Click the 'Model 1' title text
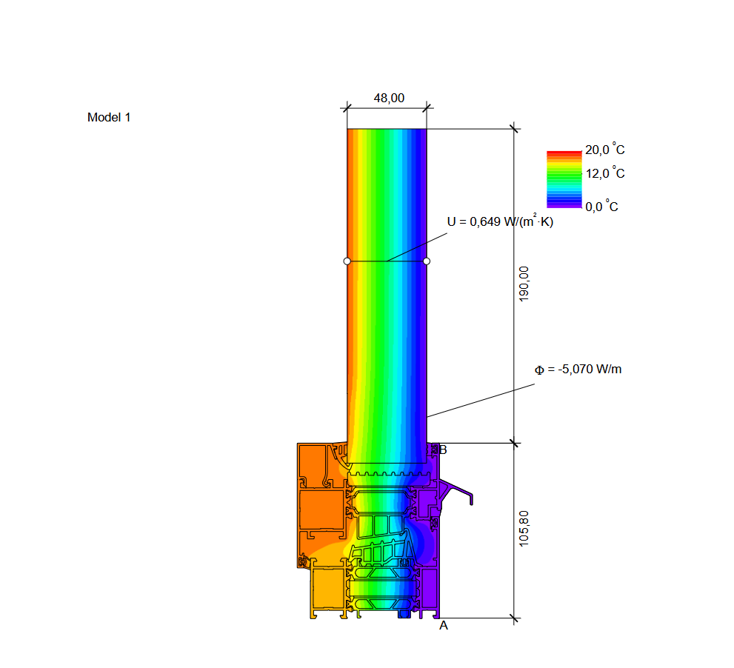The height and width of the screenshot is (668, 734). tap(109, 117)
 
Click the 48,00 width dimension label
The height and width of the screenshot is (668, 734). tap(389, 98)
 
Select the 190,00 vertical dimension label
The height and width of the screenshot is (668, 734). tap(524, 284)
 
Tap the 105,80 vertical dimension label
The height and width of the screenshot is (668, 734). tap(524, 528)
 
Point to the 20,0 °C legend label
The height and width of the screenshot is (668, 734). tap(605, 150)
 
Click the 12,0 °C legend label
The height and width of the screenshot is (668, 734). tap(605, 173)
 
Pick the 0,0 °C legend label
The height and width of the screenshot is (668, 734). tap(601, 206)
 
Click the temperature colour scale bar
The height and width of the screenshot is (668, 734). tap(564, 179)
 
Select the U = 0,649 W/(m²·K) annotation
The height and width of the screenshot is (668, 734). tap(500, 221)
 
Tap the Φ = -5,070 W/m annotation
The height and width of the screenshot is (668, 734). tap(578, 370)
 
